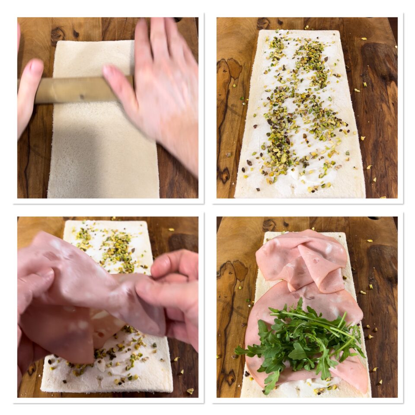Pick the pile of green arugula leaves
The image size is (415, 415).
pyautogui.click(x=303, y=342)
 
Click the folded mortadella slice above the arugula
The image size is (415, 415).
pyautogui.click(x=303, y=257)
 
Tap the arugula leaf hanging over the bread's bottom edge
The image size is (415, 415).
pyautogui.click(x=271, y=383)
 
